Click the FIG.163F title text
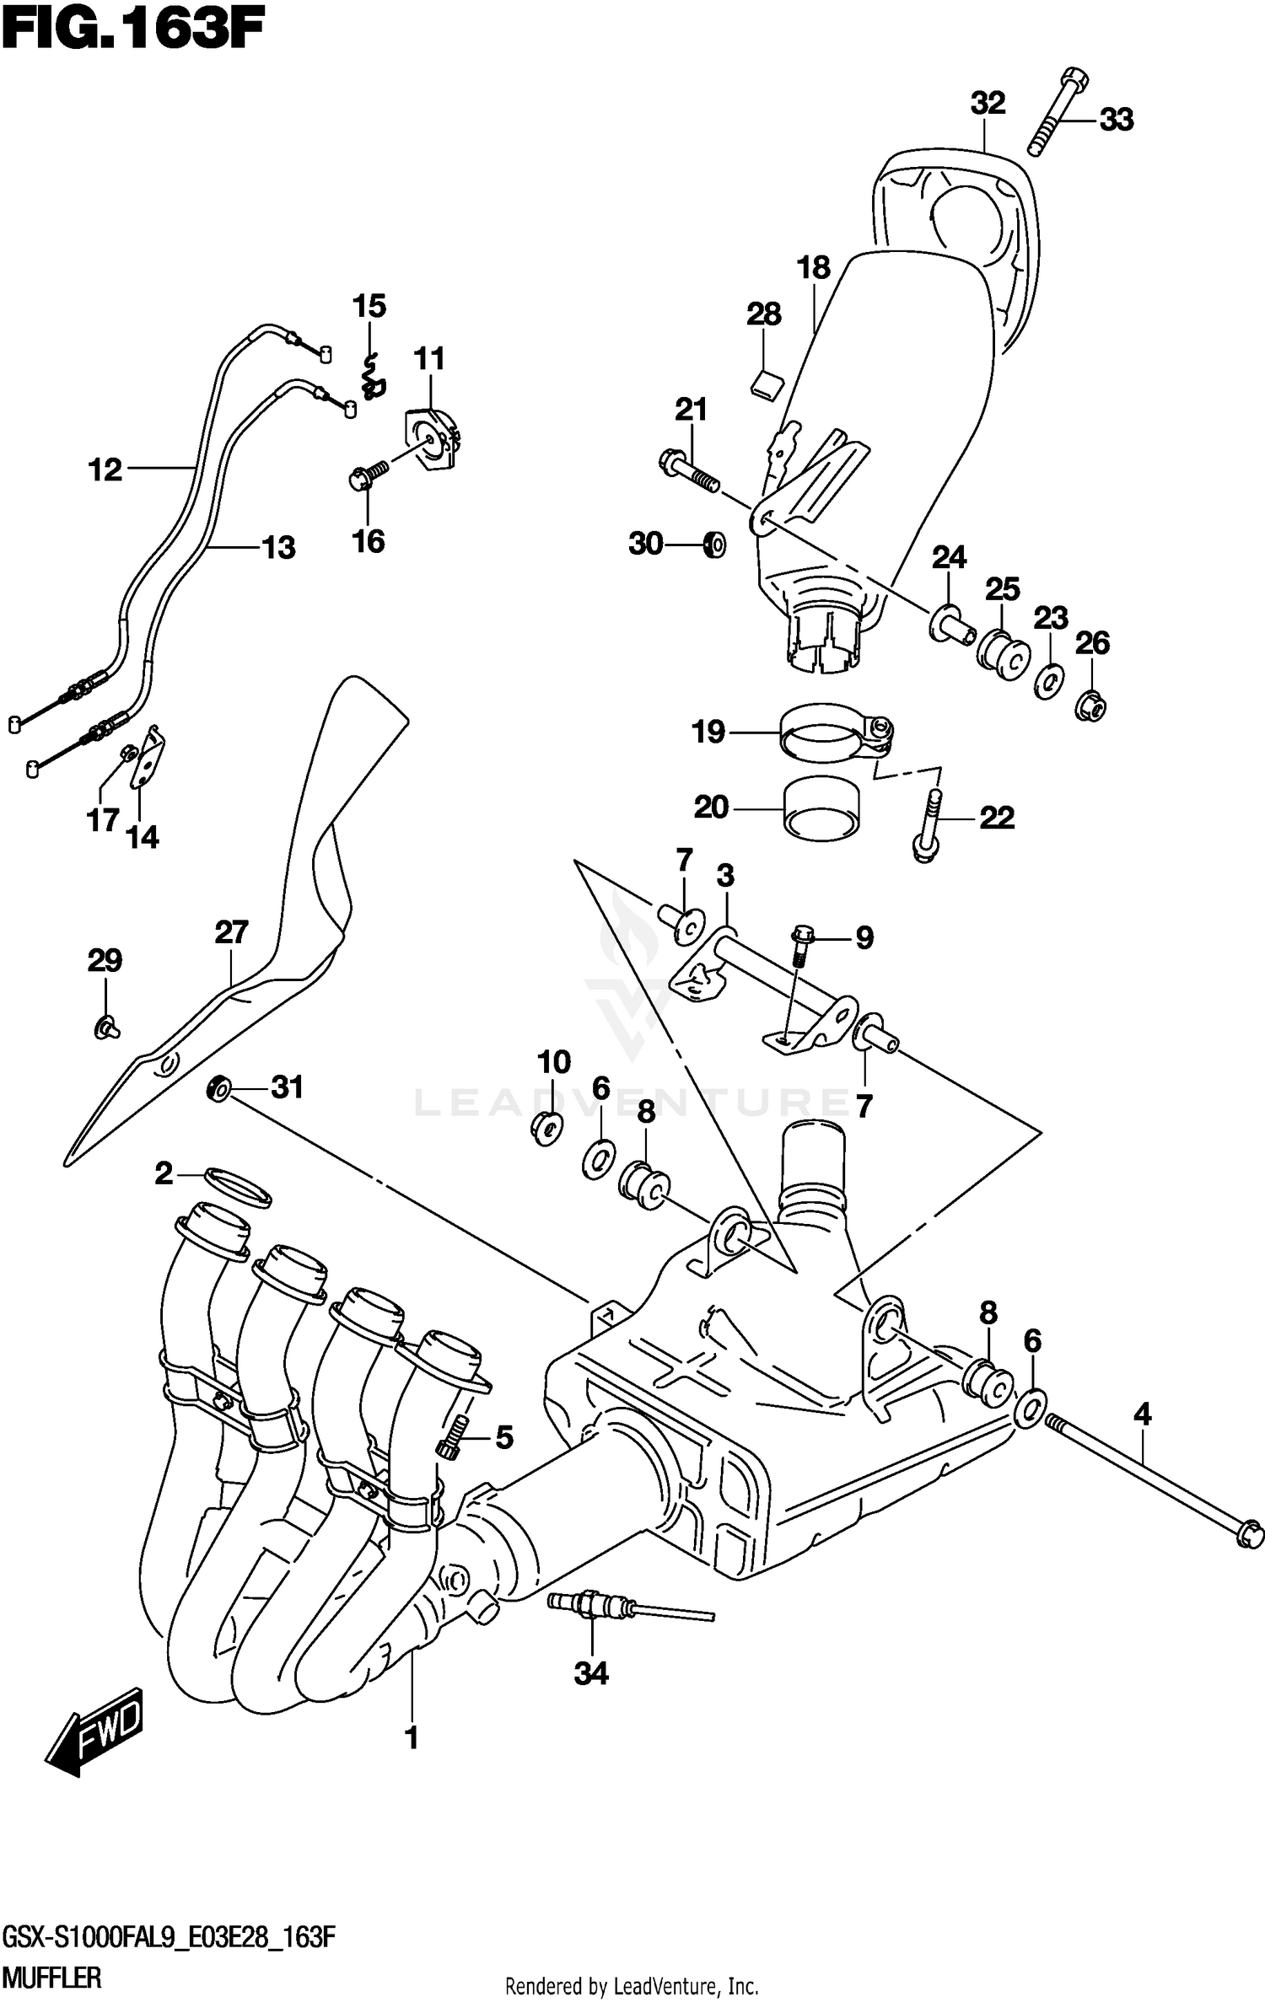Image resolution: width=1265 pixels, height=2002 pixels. pos(132,31)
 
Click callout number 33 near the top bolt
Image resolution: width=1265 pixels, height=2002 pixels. pos(1117,120)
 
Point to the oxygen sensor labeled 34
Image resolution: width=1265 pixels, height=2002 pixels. pos(590,1604)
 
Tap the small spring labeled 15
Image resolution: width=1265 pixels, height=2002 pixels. pos(372,378)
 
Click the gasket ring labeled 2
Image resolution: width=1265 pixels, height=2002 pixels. pos(239,1188)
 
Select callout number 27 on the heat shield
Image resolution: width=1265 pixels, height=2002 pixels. pos(231,932)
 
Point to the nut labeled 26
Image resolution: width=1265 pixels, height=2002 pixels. pos(1091,705)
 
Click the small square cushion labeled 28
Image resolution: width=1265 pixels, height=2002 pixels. pos(767,385)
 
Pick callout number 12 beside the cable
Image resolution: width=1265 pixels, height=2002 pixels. pos(105,470)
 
